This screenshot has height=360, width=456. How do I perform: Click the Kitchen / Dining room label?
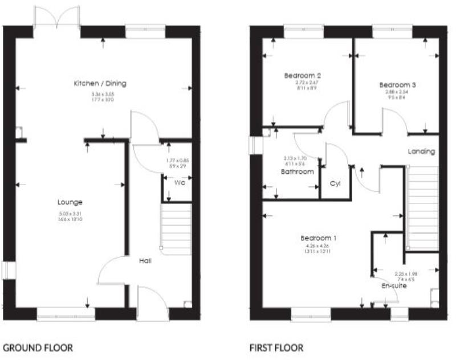(x=100, y=84)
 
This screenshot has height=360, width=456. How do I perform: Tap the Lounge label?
(x=70, y=202)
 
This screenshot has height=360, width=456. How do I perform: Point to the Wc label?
(x=178, y=183)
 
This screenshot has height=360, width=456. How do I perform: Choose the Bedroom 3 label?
(x=397, y=85)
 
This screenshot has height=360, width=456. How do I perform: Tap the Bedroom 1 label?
(x=318, y=238)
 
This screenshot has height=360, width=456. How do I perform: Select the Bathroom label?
(x=296, y=171)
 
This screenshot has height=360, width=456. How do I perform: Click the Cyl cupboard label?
(x=335, y=183)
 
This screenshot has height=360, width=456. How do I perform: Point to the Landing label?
(x=421, y=152)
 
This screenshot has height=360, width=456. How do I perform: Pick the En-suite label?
(x=394, y=286)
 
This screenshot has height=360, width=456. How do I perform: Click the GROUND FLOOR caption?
(x=38, y=347)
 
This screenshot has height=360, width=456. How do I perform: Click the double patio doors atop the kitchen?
(x=57, y=17)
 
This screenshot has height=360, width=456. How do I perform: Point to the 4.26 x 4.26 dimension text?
(x=317, y=246)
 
